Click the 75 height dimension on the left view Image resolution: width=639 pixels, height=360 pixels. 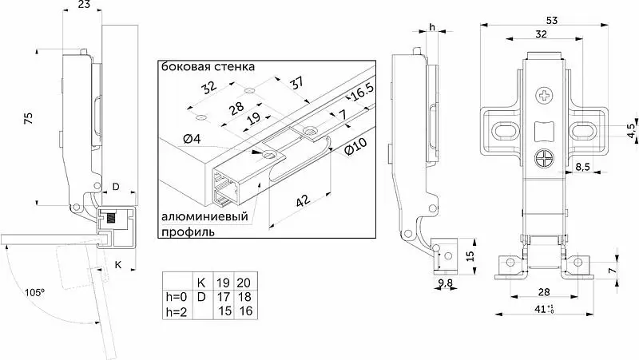pyautogui.click(x=28, y=118)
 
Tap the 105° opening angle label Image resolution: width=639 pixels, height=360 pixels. pyautogui.click(x=34, y=292)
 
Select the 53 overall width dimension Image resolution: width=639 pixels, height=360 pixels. pyautogui.click(x=551, y=20)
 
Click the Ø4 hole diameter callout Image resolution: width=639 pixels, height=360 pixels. pyautogui.click(x=192, y=139)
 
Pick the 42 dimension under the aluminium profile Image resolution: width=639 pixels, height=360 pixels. pyautogui.click(x=304, y=201)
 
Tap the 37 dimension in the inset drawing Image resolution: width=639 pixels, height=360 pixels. pyautogui.click(x=296, y=83)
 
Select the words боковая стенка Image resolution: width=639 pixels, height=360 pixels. pyautogui.click(x=208, y=66)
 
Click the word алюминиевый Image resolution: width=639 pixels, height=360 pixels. pyautogui.click(x=204, y=216)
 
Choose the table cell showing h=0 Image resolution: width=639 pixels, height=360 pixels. pyautogui.click(x=177, y=296)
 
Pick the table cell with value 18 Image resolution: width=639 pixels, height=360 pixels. pyautogui.click(x=245, y=296)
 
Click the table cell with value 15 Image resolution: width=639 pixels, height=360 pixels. pyautogui.click(x=225, y=311)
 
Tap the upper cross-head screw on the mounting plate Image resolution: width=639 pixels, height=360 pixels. pyautogui.click(x=545, y=97)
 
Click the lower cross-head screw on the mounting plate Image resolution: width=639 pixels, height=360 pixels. pyautogui.click(x=544, y=158)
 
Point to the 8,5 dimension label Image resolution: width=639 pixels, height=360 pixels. pyautogui.click(x=583, y=168)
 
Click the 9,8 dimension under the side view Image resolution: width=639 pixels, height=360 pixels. pyautogui.click(x=446, y=283)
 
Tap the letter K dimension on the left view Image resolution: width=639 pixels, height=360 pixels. pyautogui.click(x=117, y=265)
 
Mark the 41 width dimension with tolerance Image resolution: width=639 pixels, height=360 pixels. pyautogui.click(x=544, y=310)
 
